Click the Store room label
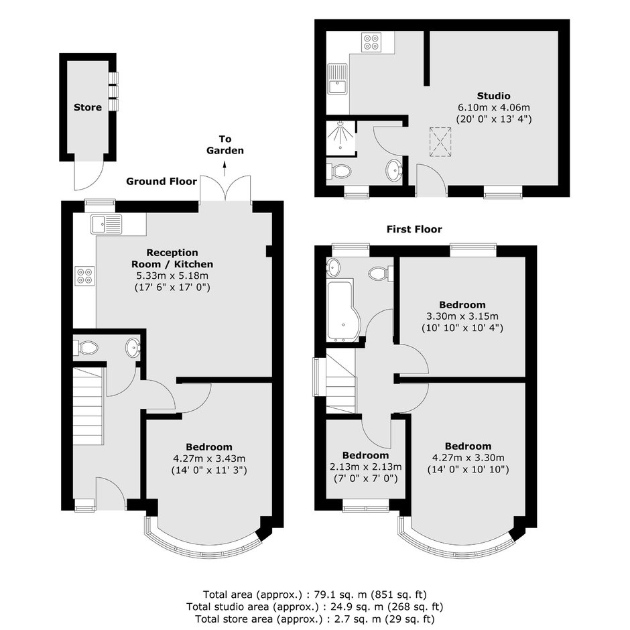point(88,107)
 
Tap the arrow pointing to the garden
point(225,168)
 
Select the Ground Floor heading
point(162,181)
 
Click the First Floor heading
point(414,229)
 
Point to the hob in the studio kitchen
point(371,42)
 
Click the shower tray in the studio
point(340,138)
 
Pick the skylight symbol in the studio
point(440,142)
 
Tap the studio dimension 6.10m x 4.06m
point(494,107)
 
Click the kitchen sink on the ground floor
point(106,225)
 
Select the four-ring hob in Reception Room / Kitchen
point(84,275)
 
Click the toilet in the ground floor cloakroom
point(85,348)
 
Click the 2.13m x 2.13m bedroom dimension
point(366,467)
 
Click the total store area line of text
point(314,619)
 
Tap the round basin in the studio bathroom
point(394,170)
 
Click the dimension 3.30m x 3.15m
point(462,316)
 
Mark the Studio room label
point(494,96)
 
